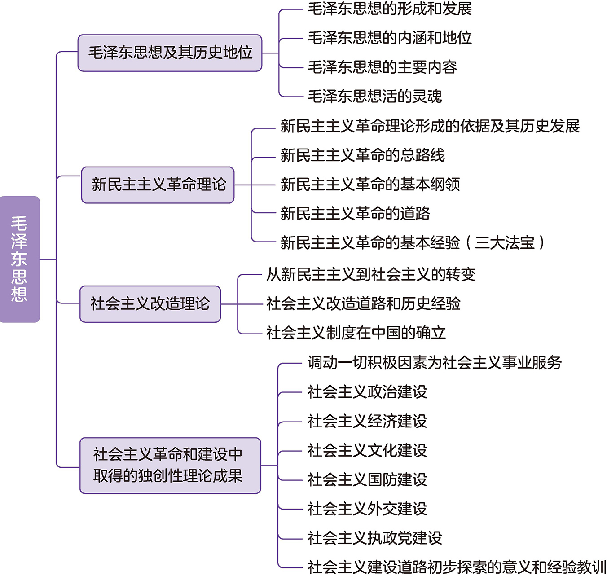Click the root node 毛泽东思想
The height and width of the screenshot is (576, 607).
click(x=20, y=259)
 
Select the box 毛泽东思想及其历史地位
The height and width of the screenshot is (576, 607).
click(x=170, y=53)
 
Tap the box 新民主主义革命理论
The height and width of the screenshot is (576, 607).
click(x=158, y=185)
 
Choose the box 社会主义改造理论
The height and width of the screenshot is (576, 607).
click(x=150, y=304)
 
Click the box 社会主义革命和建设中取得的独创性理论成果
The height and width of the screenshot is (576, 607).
click(x=170, y=466)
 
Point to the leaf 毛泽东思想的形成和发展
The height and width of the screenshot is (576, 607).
click(x=389, y=9)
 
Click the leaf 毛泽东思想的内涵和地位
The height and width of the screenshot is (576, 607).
click(x=389, y=38)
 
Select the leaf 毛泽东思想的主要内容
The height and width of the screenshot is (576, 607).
click(x=382, y=67)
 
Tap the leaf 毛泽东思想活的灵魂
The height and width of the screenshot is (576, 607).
click(x=374, y=97)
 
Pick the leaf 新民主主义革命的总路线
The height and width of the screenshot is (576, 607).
click(x=362, y=155)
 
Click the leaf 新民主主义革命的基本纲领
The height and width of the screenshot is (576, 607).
click(x=370, y=185)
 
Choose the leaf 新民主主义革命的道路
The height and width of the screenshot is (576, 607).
click(x=355, y=214)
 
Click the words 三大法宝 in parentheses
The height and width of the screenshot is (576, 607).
click(x=505, y=243)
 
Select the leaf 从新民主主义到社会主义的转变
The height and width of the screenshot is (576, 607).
click(x=371, y=274)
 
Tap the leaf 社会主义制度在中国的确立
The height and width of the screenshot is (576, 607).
click(x=356, y=333)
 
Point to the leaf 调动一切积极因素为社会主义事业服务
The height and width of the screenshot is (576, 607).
click(x=434, y=363)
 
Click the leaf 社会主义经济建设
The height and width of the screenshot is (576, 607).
click(x=367, y=421)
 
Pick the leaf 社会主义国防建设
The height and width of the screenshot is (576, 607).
click(x=367, y=479)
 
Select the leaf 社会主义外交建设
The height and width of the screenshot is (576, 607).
click(x=367, y=509)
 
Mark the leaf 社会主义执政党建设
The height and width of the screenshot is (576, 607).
click(x=375, y=538)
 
